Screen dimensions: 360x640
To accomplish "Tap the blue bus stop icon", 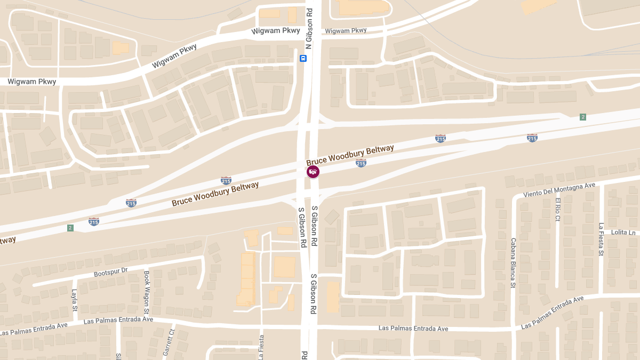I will click(x=303, y=59).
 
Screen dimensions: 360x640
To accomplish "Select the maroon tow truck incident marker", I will click(x=313, y=171).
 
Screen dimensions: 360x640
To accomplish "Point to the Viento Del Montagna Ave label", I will click(x=559, y=189).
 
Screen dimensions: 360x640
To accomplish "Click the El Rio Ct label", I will click(x=558, y=209).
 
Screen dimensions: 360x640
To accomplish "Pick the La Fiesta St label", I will click(x=601, y=239).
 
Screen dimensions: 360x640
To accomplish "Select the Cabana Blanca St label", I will click(x=513, y=262).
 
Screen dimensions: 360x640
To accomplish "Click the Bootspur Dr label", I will click(x=111, y=272).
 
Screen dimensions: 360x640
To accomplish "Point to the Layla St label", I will click(x=74, y=301).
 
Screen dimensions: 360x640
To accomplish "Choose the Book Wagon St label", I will click(x=147, y=292).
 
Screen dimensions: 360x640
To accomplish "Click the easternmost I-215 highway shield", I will click(x=532, y=138).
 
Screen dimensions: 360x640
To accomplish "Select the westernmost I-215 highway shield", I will click(x=94, y=221).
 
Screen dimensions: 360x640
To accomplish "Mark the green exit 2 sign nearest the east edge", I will click(x=583, y=117).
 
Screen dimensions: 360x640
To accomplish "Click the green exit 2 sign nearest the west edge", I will click(x=70, y=228).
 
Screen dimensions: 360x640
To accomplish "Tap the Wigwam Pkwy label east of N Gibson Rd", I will click(x=346, y=31).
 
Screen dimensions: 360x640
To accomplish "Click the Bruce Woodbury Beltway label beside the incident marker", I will click(x=350, y=153).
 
